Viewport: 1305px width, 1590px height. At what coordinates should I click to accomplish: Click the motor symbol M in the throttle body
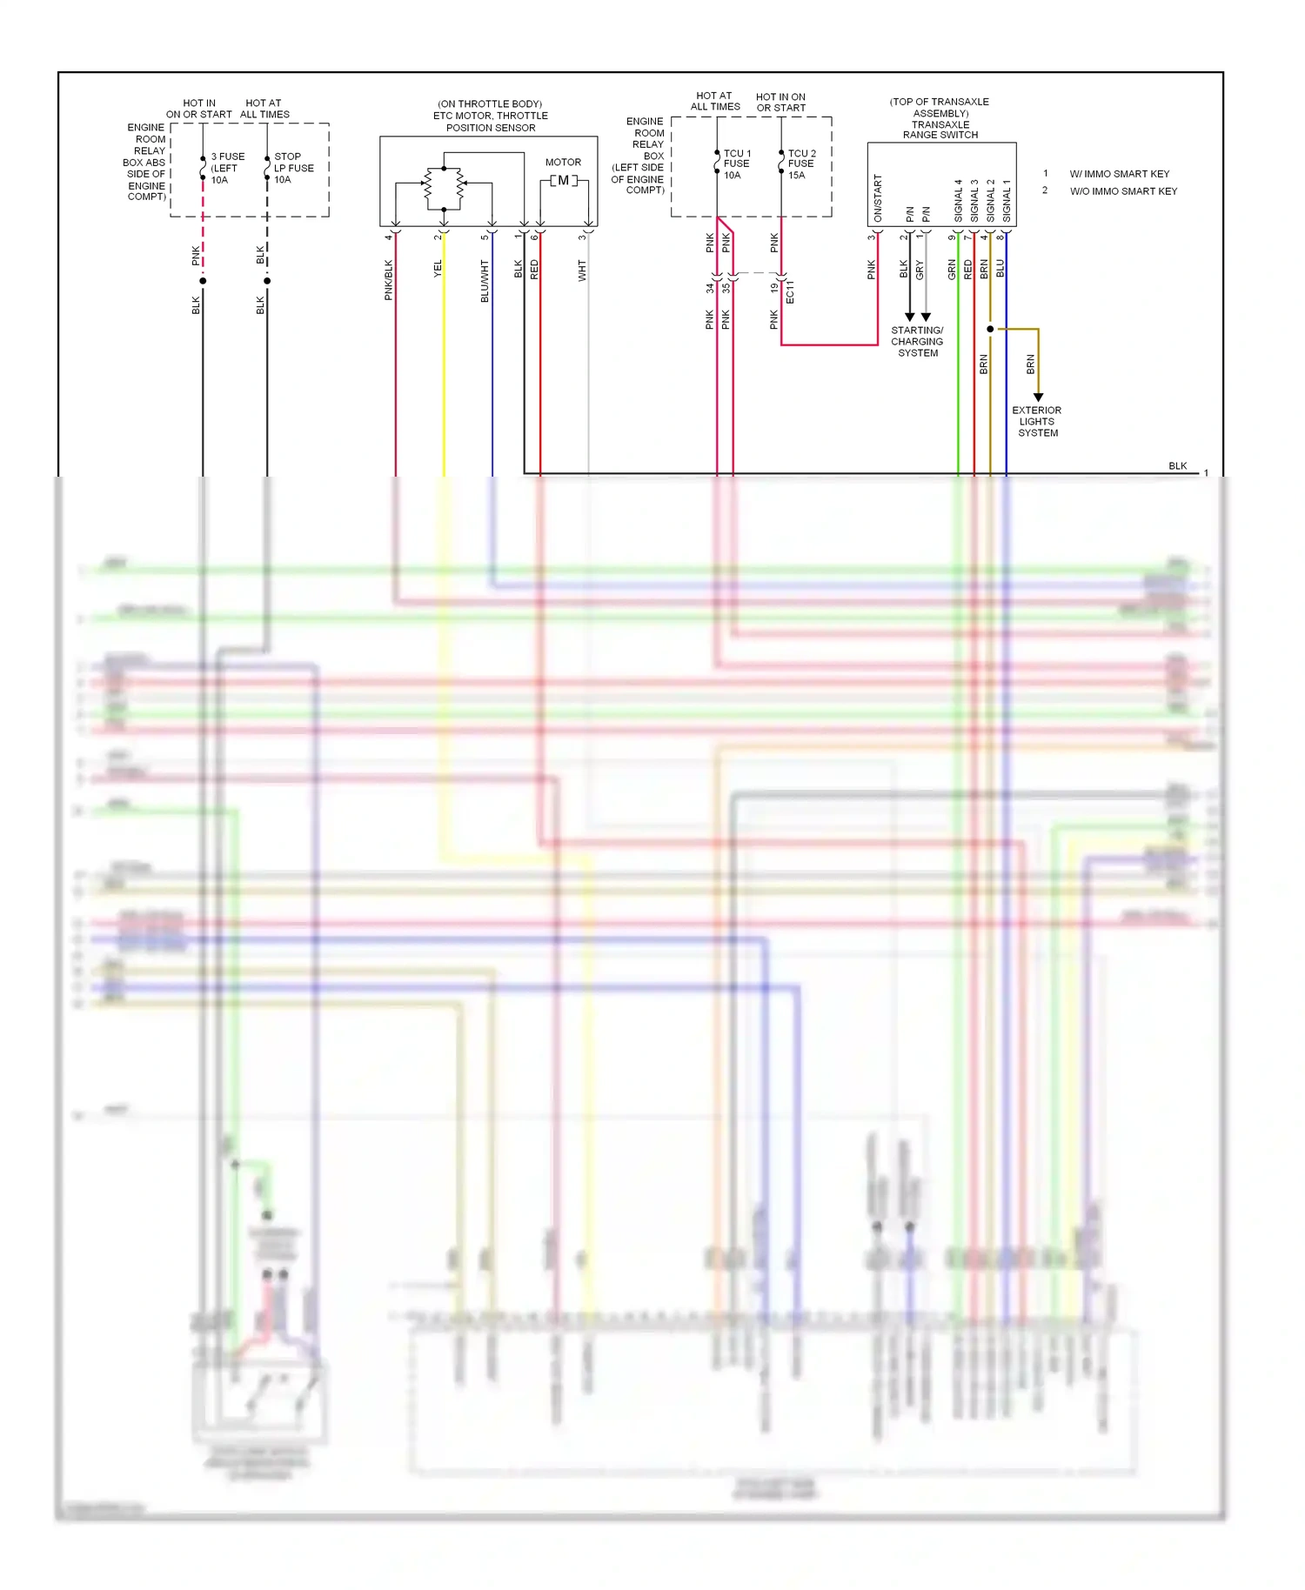tap(563, 181)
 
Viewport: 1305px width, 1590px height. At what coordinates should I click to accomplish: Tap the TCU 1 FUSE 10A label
tap(736, 164)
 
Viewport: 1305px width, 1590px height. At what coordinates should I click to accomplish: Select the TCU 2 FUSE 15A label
tap(801, 164)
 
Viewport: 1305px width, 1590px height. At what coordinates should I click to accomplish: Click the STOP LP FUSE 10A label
tap(293, 168)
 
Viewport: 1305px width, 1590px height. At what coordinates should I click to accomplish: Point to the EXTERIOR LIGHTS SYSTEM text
tap(1037, 421)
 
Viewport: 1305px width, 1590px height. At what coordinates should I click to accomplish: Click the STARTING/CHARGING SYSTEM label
tap(917, 342)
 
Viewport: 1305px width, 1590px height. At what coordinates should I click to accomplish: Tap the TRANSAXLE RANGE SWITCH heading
tap(940, 130)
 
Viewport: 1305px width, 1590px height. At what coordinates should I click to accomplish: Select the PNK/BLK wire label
tap(389, 280)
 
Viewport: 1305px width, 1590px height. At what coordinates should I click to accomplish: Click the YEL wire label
tap(438, 269)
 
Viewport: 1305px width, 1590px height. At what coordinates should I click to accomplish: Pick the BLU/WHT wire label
tap(485, 281)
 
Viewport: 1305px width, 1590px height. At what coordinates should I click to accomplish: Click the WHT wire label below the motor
tap(582, 271)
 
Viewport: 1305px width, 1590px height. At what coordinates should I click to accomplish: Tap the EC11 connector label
tap(790, 292)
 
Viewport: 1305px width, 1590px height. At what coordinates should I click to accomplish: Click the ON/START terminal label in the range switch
tap(878, 198)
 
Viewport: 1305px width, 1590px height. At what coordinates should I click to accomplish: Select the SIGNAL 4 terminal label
tap(958, 201)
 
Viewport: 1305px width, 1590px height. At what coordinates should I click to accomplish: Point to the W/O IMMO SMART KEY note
tap(1123, 191)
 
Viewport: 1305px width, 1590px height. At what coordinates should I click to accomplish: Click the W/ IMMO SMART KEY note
tap(1119, 174)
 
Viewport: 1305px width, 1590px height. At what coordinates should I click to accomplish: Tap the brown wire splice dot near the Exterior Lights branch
tap(990, 329)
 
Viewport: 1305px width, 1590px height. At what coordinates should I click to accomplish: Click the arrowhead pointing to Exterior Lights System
tap(1038, 397)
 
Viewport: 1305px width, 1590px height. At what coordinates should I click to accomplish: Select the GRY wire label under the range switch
tap(920, 271)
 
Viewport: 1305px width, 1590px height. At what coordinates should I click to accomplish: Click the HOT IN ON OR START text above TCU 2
tap(780, 103)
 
